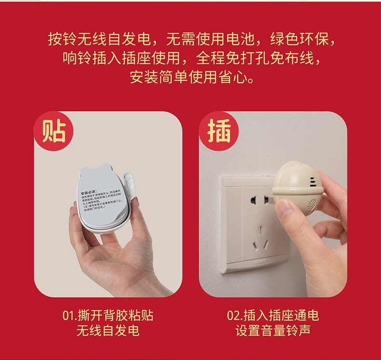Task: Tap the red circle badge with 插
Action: click(x=219, y=132)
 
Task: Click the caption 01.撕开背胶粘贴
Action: click(x=108, y=316)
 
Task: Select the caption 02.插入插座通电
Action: click(x=273, y=316)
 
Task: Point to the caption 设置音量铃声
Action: click(x=273, y=331)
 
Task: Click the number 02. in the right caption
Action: click(x=234, y=316)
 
